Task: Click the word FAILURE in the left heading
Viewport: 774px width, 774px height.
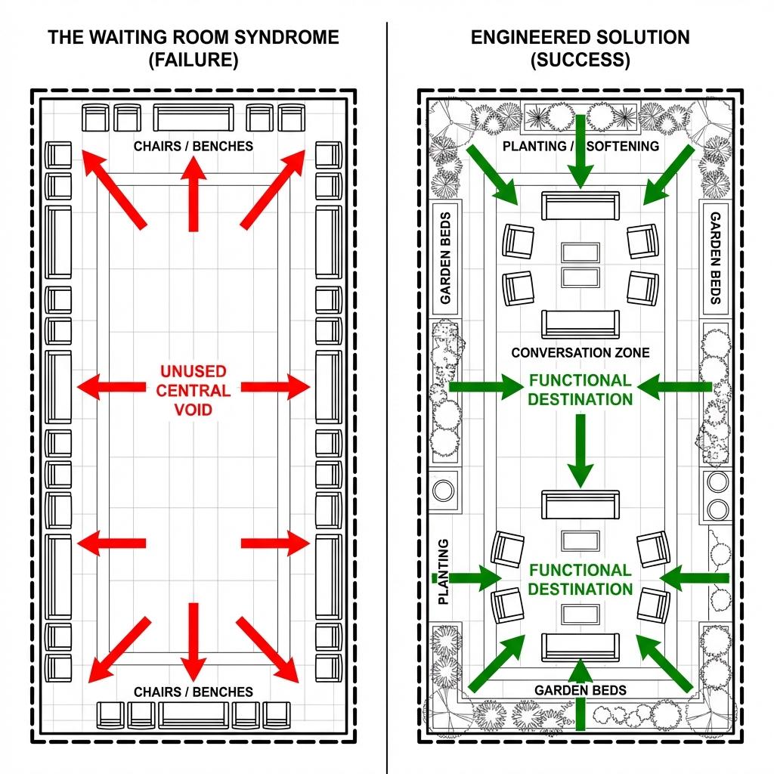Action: [193, 60]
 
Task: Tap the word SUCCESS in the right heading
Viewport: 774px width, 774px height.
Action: [580, 60]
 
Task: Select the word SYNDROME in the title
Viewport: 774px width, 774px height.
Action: [283, 38]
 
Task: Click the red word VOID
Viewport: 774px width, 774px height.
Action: [193, 410]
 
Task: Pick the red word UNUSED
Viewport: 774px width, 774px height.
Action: [193, 371]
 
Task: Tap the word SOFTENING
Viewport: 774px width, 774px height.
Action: [622, 146]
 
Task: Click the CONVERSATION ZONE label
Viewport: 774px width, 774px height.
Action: [580, 352]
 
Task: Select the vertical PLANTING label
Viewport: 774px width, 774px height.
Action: [443, 571]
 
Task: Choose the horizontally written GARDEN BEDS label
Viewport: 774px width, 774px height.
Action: [580, 690]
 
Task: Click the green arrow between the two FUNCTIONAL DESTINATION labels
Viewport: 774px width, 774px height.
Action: [580, 450]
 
